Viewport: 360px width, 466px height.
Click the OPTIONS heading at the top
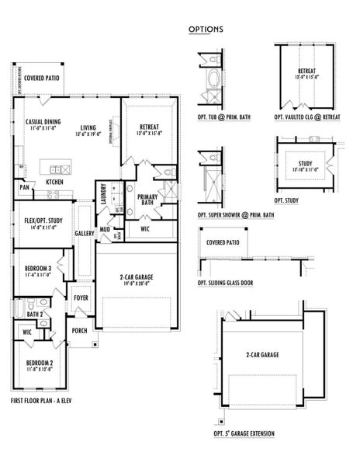(206, 30)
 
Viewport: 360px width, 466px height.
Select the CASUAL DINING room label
(43, 122)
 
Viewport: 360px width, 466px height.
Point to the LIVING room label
(88, 128)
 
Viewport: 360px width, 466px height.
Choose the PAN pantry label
(25, 187)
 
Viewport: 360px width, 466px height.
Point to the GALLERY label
(85, 233)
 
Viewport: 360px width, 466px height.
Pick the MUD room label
(104, 230)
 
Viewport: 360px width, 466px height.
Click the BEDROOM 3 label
(37, 268)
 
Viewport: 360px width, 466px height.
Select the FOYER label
(81, 297)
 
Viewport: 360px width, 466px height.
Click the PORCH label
(80, 329)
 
